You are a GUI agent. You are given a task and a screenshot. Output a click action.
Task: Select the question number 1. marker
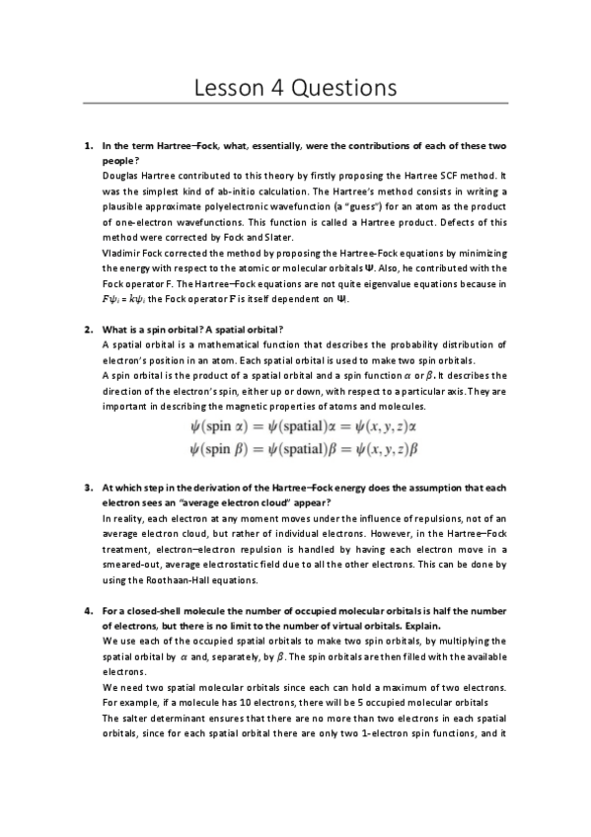point(88,147)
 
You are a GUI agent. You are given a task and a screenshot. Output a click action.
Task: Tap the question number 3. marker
point(88,488)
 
